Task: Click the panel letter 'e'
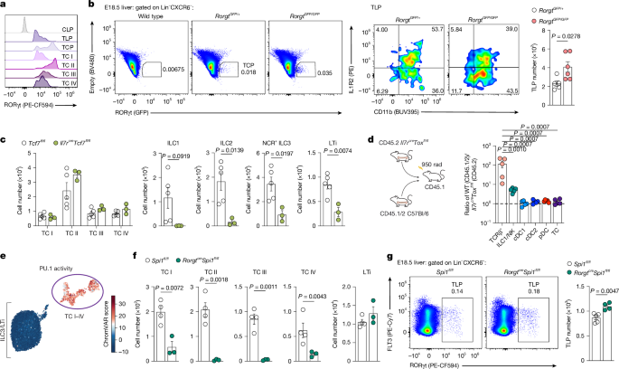(5, 259)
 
